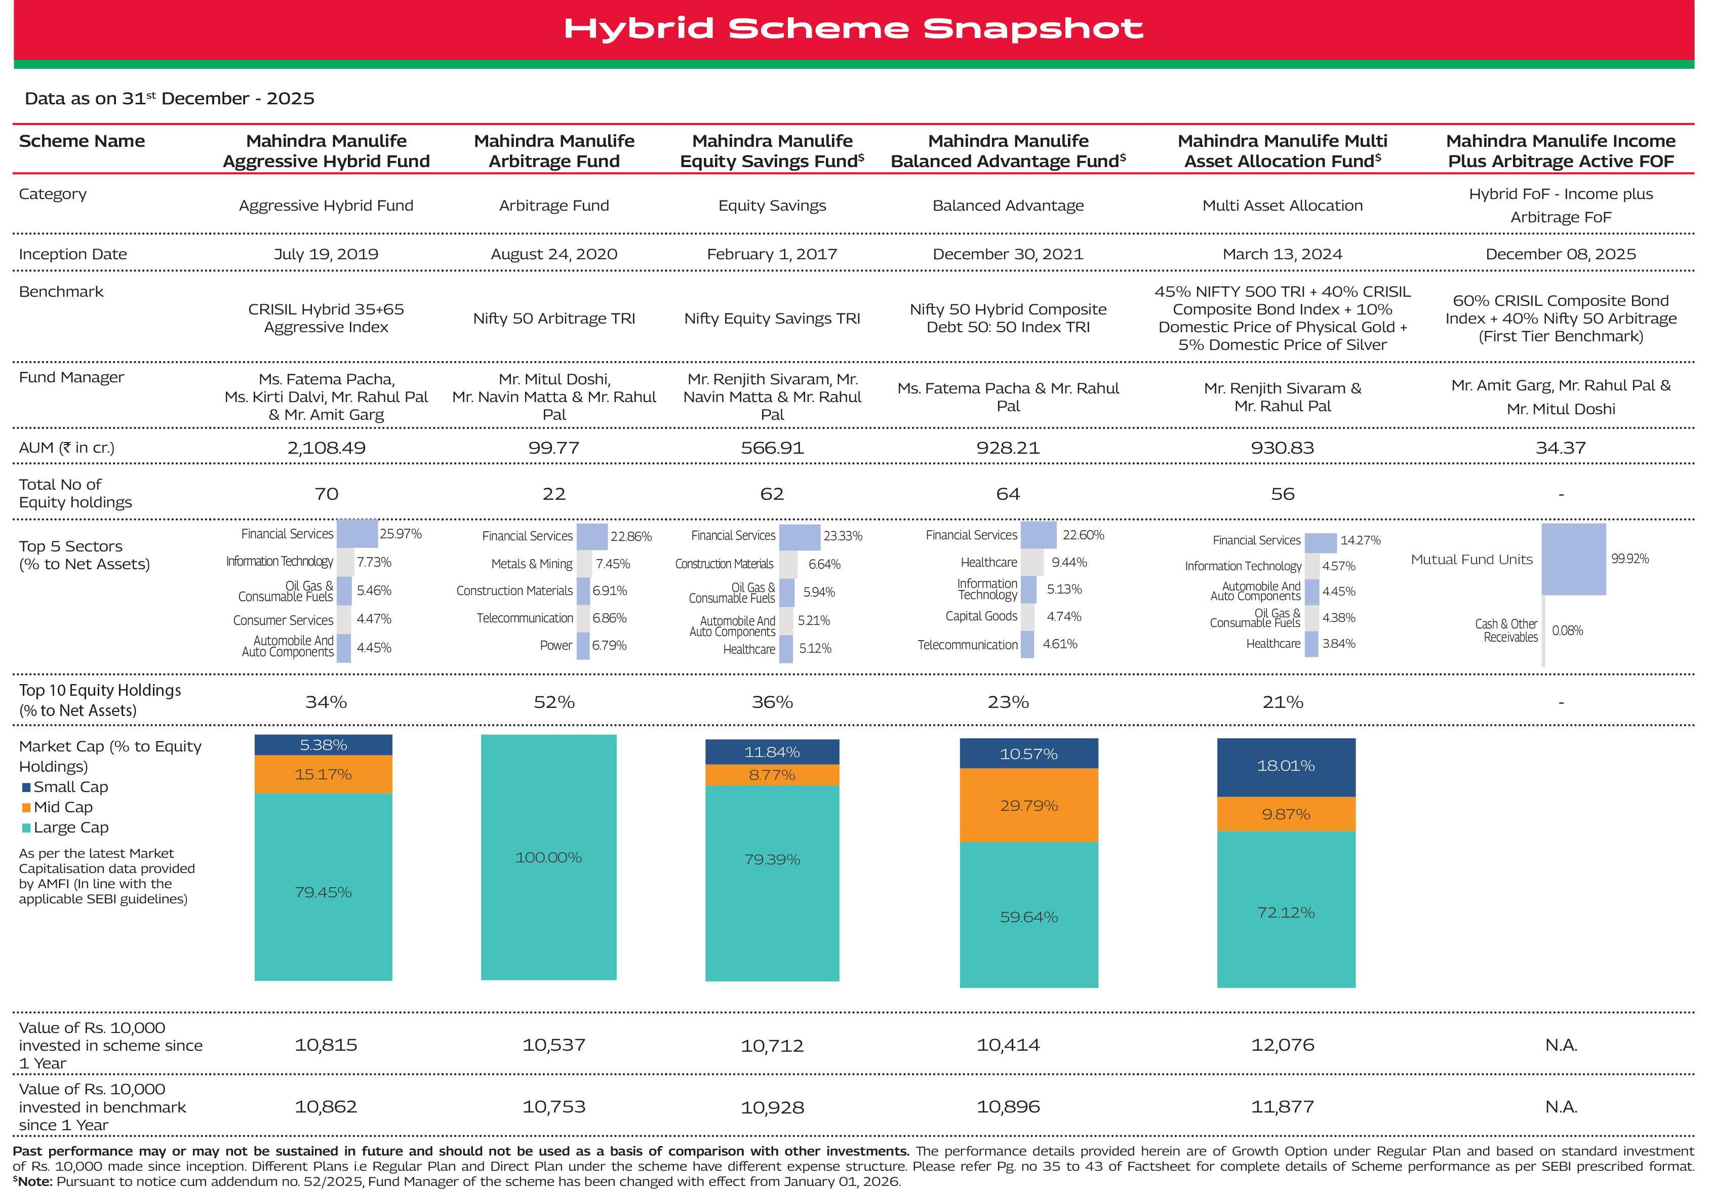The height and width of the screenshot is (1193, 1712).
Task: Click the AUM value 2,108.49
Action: [x=326, y=448]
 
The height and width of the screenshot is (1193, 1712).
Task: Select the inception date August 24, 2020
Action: [x=553, y=254]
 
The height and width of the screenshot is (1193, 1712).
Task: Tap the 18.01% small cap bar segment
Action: [x=1286, y=767]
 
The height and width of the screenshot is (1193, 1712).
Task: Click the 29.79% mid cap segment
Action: [x=1028, y=805]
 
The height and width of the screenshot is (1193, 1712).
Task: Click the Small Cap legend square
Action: [x=27, y=787]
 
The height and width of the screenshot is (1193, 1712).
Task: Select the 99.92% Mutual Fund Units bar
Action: [x=1573, y=559]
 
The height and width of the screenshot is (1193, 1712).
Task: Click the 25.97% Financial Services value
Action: [x=401, y=534]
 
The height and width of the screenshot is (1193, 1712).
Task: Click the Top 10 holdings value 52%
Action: [x=553, y=702]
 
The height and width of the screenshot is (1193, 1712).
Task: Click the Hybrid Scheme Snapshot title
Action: [x=853, y=28]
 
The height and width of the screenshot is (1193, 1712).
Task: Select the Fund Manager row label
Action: [x=71, y=377]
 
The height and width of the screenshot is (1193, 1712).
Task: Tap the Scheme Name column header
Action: [x=82, y=141]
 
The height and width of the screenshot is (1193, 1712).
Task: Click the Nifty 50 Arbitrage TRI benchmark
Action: [x=553, y=319]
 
